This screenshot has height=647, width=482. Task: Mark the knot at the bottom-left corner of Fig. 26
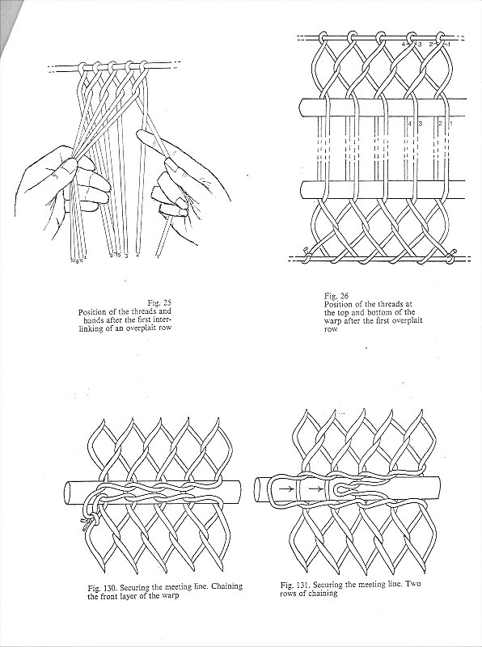click(x=306, y=251)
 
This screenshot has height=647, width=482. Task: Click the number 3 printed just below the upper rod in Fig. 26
click(x=421, y=124)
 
